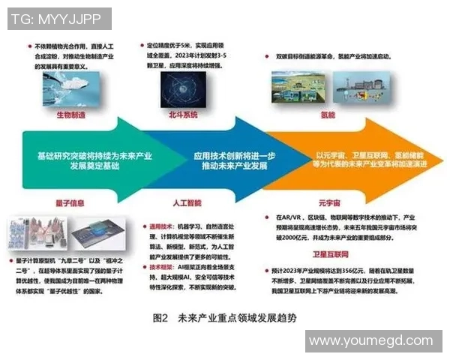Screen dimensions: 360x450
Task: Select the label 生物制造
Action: (73, 114)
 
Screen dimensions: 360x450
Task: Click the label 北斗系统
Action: (181, 114)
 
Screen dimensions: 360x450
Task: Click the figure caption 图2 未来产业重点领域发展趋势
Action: (224, 317)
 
